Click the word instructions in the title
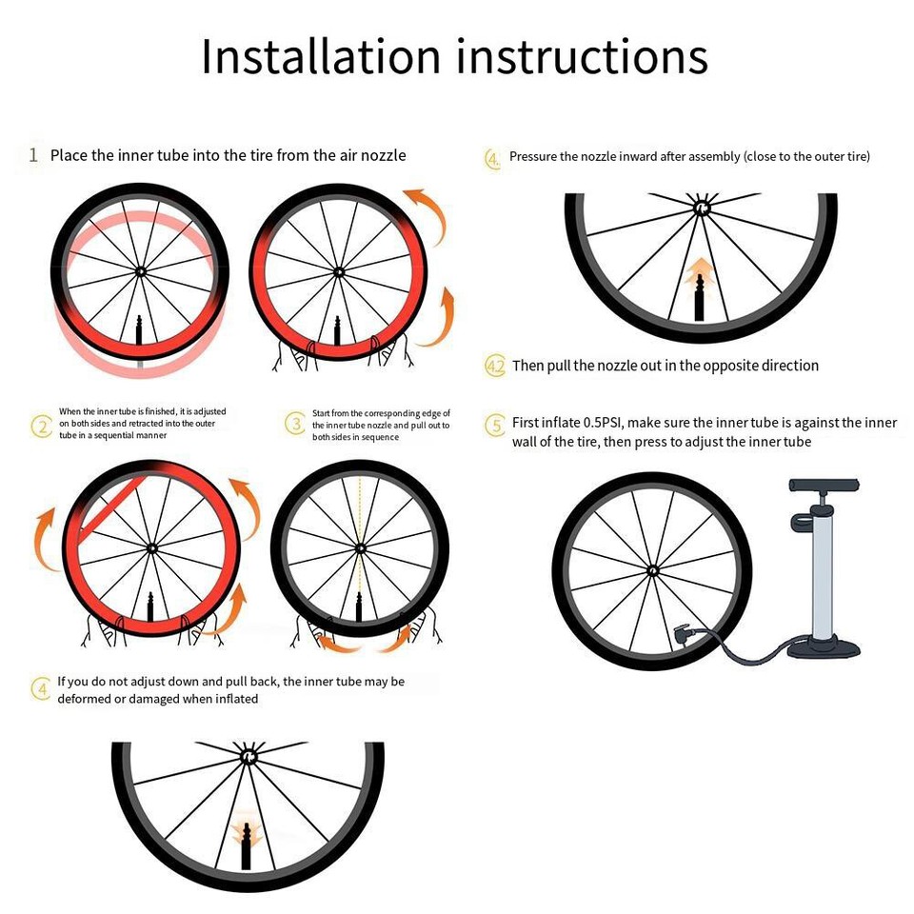pyautogui.click(x=582, y=57)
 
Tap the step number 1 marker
pyautogui.click(x=33, y=155)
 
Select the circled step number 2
pyautogui.click(x=41, y=426)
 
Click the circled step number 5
pyautogui.click(x=495, y=425)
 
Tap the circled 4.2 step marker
pyautogui.click(x=495, y=367)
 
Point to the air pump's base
pyautogui.click(x=824, y=648)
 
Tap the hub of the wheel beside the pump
pyautogui.click(x=652, y=570)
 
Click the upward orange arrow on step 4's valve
pyautogui.click(x=701, y=268)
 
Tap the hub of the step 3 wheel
pyautogui.click(x=360, y=548)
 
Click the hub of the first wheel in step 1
pyautogui.click(x=140, y=271)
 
